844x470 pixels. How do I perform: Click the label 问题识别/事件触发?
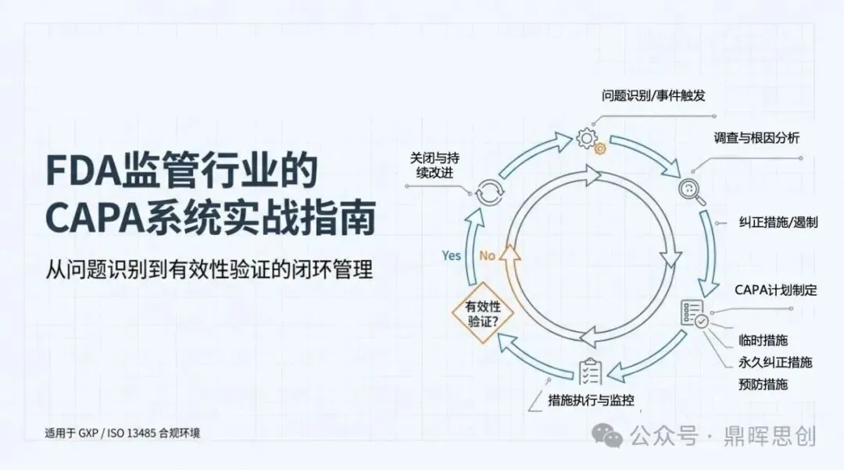point(653,97)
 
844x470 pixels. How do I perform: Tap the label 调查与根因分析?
point(756,137)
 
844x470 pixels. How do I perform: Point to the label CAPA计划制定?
point(775,290)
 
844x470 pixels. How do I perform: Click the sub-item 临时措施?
point(762,340)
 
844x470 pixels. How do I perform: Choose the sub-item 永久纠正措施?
point(774,362)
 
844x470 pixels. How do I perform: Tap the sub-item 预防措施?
point(762,384)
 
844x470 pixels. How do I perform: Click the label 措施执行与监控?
point(591,401)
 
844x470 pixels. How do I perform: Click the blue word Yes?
point(452,255)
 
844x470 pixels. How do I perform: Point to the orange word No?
point(487,255)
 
